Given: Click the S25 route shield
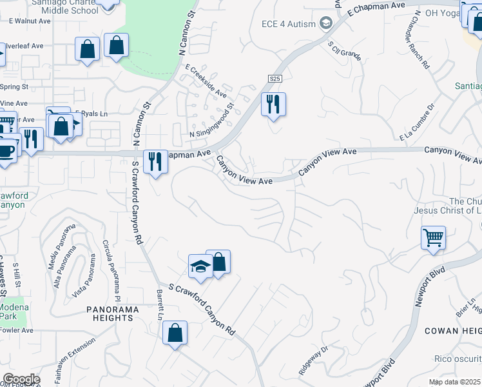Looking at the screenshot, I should (x=275, y=78).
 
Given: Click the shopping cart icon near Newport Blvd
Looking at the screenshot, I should (x=433, y=237).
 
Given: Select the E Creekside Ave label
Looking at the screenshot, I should (x=206, y=81).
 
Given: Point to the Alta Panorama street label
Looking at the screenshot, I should (x=63, y=264).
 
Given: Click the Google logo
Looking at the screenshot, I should (x=21, y=379).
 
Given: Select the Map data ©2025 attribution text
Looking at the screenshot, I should (x=456, y=382).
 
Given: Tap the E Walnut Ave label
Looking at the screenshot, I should (x=30, y=21).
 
